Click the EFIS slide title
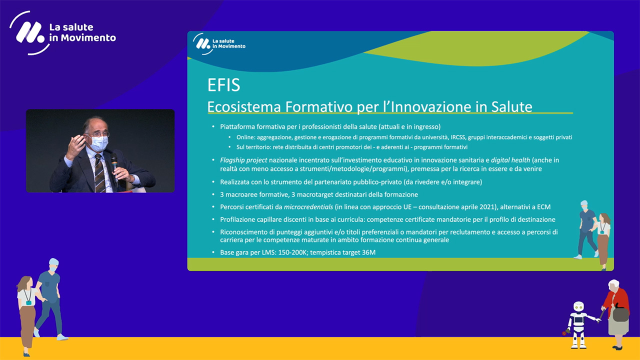tap(223, 85)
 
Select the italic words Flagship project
tap(243, 160)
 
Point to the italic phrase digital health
tap(510, 160)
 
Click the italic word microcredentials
tap(308, 207)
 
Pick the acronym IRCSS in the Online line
tap(457, 137)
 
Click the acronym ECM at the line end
tap(543, 207)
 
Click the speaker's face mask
tap(98, 143)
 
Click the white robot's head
tap(578, 307)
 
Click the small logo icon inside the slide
tap(203, 43)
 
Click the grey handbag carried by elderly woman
tap(621, 313)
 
